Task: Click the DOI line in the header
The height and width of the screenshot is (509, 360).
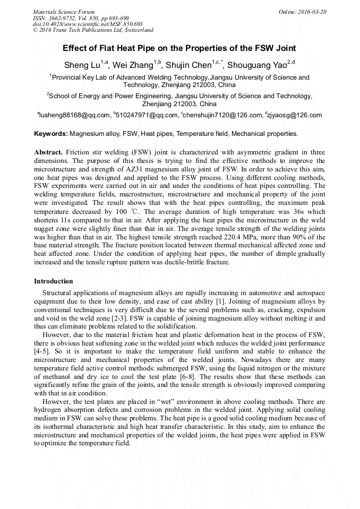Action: point(88,24)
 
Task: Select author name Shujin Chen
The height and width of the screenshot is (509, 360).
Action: point(188,65)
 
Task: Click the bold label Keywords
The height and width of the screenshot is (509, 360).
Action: point(50,134)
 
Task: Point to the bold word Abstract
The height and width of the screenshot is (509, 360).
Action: point(48,152)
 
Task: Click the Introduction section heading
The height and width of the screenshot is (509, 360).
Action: point(53,281)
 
